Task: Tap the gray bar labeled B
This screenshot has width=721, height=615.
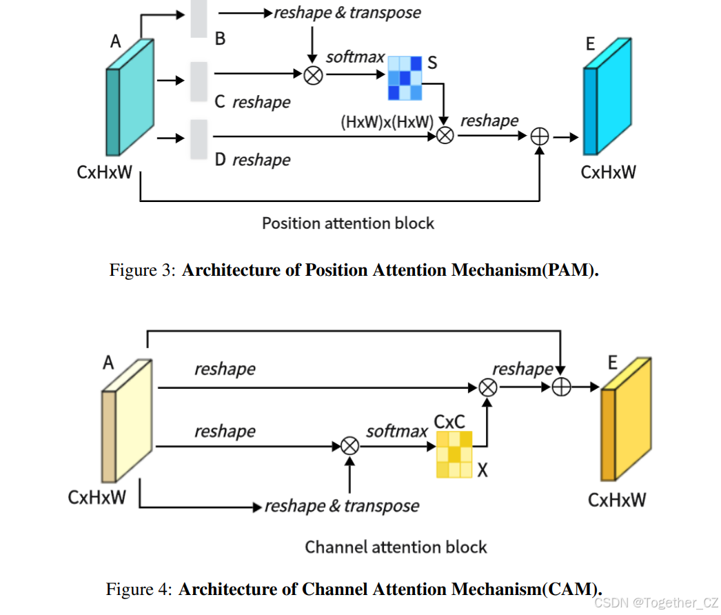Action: (x=199, y=19)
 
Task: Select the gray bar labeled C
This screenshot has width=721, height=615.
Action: (x=199, y=81)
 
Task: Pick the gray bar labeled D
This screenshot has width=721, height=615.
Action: (x=199, y=139)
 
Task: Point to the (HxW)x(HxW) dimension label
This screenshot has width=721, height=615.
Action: (x=387, y=122)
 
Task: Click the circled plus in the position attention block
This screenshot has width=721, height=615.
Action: (x=540, y=137)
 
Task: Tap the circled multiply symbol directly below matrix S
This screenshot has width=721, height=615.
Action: (x=445, y=136)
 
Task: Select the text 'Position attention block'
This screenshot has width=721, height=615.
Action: (x=348, y=223)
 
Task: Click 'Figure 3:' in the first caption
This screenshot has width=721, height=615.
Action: (x=143, y=270)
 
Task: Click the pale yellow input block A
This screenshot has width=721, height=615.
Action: (x=128, y=421)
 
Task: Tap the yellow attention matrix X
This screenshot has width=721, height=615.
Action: (x=454, y=454)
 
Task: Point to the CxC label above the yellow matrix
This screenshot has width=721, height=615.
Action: (x=449, y=421)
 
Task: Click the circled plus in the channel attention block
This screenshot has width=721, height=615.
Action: (x=562, y=387)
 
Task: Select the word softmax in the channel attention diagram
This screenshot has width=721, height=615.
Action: (x=397, y=432)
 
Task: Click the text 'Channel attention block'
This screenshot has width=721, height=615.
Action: (x=396, y=547)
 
